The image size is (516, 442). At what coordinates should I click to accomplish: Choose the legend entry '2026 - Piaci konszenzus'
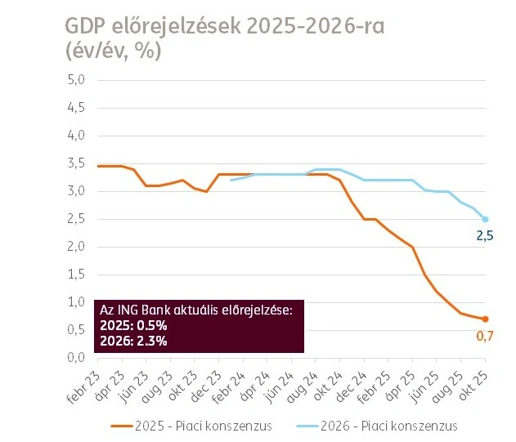click(390, 426)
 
